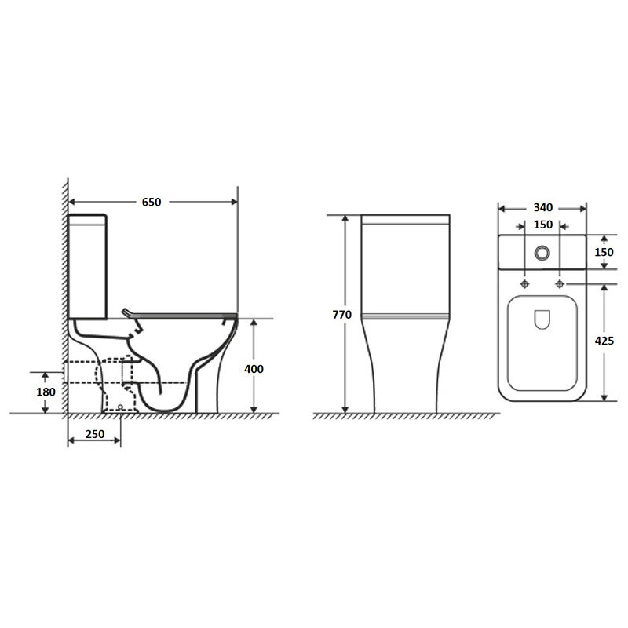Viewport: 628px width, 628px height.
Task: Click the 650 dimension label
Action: tap(152, 202)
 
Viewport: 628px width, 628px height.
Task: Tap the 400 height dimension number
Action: tap(254, 369)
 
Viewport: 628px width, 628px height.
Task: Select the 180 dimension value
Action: tap(46, 392)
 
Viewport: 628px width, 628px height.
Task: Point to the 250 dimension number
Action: tap(95, 434)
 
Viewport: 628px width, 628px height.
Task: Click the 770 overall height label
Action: tap(342, 315)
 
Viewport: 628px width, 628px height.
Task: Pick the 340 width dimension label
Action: tap(543, 207)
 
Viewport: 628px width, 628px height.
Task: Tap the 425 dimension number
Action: tap(604, 341)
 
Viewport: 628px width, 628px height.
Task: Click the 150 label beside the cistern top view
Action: tap(604, 252)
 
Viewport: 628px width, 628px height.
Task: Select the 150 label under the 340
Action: tap(543, 225)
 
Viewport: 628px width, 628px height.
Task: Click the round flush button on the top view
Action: tap(542, 253)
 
